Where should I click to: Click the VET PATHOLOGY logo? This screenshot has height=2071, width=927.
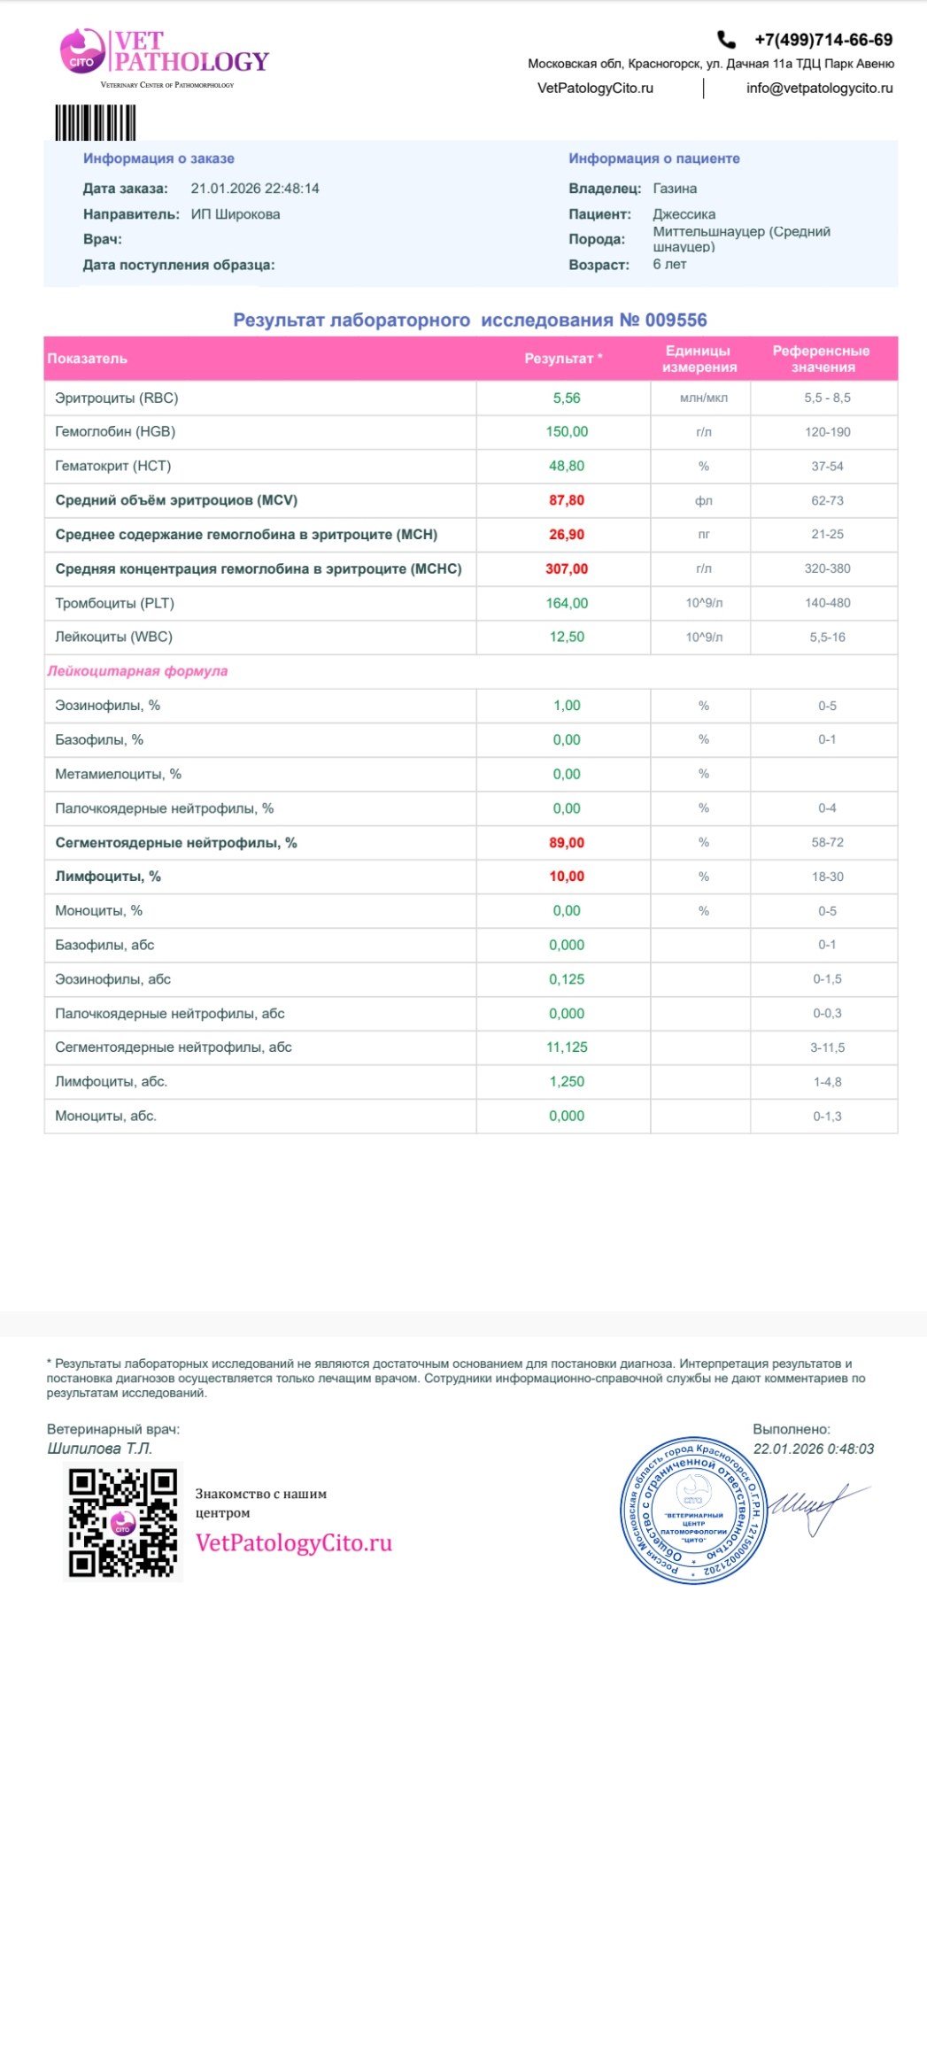click(165, 53)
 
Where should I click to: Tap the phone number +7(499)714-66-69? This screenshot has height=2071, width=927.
click(823, 40)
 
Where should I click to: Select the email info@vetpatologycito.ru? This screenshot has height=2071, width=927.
click(819, 88)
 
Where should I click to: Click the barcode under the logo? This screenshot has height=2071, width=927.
click(96, 122)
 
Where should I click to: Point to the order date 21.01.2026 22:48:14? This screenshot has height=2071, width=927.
click(255, 189)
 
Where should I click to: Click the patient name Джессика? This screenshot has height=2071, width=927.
click(684, 214)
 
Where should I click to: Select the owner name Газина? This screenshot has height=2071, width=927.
click(675, 189)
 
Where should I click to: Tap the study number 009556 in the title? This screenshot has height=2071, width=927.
click(676, 321)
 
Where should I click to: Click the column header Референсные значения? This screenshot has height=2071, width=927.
click(822, 359)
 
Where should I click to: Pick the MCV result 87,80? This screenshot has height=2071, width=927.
click(567, 500)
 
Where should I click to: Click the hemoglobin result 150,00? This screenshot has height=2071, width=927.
click(567, 432)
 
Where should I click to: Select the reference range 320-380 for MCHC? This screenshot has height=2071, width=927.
click(827, 568)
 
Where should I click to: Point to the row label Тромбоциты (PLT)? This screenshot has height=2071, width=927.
click(115, 603)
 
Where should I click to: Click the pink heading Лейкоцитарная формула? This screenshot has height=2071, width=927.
click(137, 671)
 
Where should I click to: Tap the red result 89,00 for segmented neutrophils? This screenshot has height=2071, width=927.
click(567, 843)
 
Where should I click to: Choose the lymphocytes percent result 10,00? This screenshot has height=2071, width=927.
click(567, 877)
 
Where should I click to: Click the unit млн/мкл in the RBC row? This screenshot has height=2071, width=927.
click(704, 398)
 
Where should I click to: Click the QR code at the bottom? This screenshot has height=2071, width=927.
click(123, 1523)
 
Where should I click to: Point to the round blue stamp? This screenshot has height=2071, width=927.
click(693, 1510)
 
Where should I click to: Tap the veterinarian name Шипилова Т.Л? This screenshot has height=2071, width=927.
click(100, 1449)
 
